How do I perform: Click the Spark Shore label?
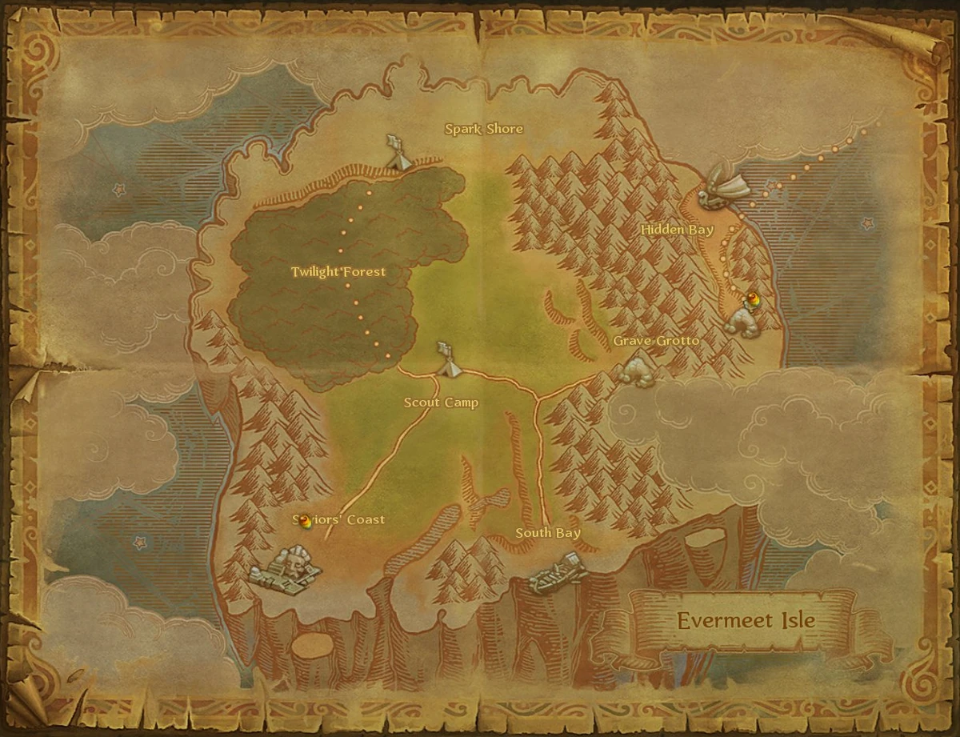coord(484,129)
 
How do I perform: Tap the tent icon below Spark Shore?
coord(398,153)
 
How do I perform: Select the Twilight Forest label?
coord(338,272)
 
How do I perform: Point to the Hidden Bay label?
coord(677,230)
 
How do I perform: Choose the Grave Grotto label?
coord(656,341)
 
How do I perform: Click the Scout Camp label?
coord(441,403)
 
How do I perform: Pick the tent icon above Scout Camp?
coord(447,361)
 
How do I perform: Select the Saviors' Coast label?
coord(338,519)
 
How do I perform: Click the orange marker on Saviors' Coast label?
coord(305,521)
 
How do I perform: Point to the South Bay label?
coord(548,533)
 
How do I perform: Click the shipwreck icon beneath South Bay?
coord(557,575)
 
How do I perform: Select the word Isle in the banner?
coord(792,620)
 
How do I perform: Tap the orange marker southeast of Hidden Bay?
coord(753,299)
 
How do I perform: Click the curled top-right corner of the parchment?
coord(920,40)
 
